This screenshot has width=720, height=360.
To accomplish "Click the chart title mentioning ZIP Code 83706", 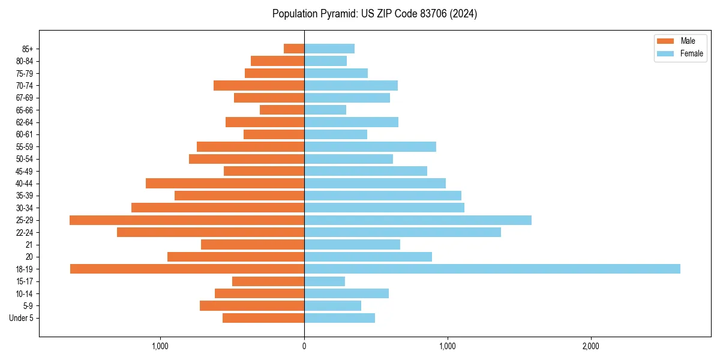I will [x=374, y=14].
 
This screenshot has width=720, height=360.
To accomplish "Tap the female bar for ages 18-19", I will [x=492, y=269].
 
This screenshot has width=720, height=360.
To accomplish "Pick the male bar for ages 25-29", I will [x=187, y=220].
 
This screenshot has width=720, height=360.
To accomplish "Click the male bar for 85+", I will [x=294, y=49].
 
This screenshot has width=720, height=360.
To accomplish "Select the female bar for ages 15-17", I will [x=325, y=281].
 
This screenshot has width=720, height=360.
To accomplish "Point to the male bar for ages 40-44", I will [x=225, y=183].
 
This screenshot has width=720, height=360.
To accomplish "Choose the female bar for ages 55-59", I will [x=370, y=146].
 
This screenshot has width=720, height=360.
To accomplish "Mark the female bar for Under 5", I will [x=340, y=318].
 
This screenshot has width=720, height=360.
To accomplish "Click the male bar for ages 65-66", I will [x=282, y=110].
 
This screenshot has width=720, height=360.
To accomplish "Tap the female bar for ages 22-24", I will [x=403, y=232].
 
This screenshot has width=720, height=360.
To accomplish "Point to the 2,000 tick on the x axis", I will [x=591, y=346].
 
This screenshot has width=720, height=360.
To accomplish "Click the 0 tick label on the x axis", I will [x=304, y=346].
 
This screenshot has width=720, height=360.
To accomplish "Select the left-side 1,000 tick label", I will [x=160, y=346].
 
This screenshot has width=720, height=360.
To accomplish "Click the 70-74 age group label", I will [x=25, y=86].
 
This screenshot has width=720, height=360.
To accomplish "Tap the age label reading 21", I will [x=29, y=245].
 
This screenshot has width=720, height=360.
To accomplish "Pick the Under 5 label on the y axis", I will [x=22, y=318].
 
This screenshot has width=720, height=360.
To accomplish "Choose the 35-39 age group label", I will [x=25, y=196].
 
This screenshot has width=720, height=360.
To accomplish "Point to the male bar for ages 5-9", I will [x=252, y=306].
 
